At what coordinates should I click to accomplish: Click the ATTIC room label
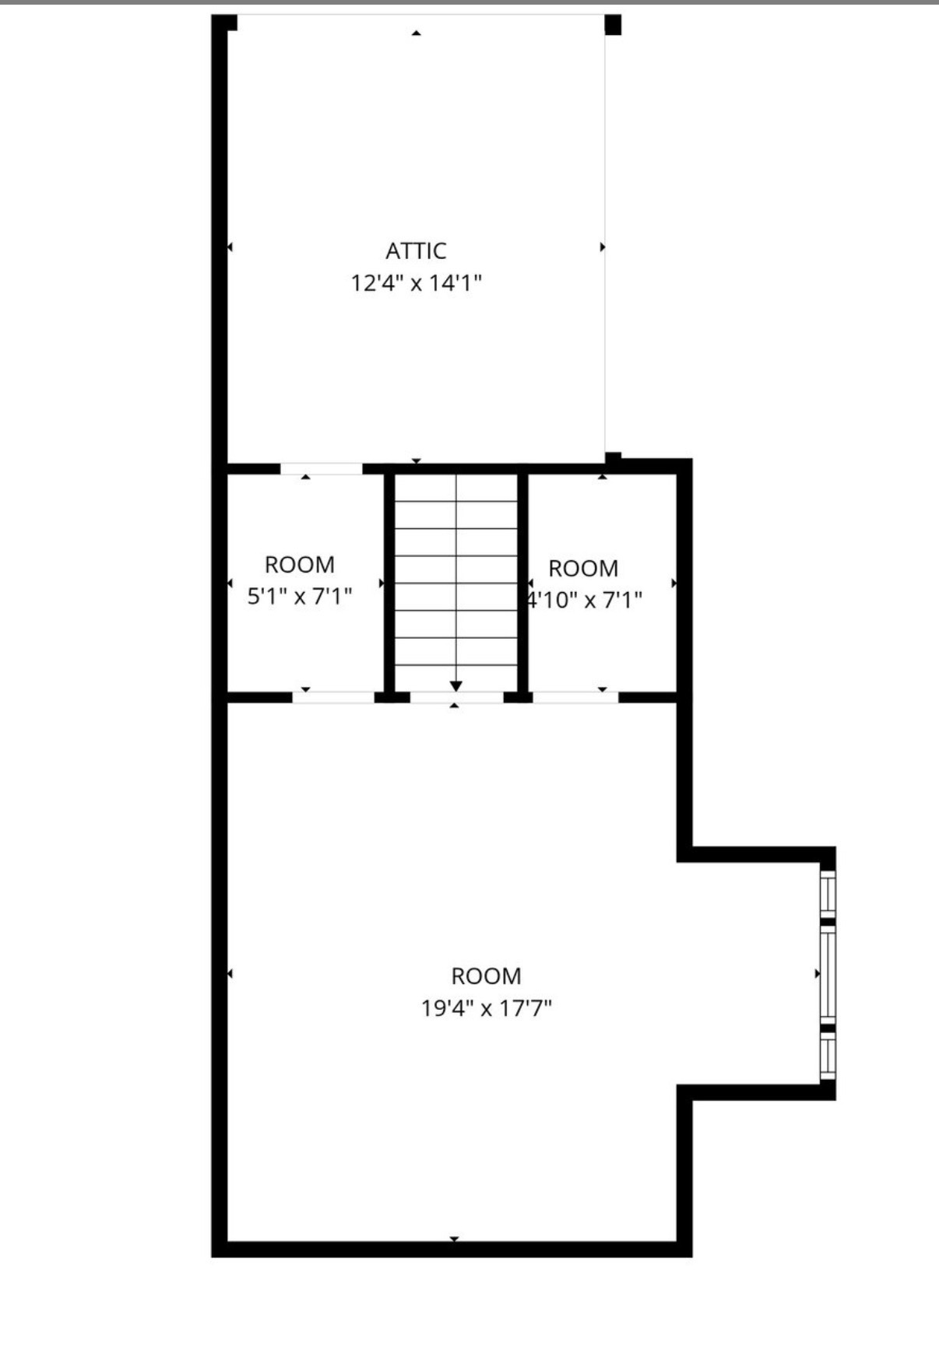(416, 251)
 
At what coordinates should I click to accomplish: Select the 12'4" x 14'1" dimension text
(416, 282)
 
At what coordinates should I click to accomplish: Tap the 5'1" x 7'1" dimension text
(300, 597)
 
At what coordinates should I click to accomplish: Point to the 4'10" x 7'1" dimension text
(585, 600)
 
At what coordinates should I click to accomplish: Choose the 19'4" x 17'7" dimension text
(487, 1008)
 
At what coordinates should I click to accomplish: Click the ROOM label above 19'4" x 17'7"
(487, 976)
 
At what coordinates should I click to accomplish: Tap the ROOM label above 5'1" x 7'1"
(300, 564)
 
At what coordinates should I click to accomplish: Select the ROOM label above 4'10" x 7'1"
(583, 568)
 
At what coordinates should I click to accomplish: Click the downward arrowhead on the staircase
(456, 685)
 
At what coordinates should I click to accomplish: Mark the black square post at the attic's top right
(614, 25)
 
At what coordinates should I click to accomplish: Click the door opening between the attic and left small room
(321, 468)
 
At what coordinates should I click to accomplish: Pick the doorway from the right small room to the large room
(575, 697)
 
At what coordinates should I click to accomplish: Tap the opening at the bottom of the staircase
(457, 697)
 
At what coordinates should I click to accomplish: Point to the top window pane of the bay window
(828, 892)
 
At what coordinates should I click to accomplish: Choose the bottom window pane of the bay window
(828, 1056)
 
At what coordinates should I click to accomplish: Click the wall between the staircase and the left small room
(389, 583)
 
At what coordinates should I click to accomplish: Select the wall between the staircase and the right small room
(523, 583)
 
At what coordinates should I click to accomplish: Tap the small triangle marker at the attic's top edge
(417, 33)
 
